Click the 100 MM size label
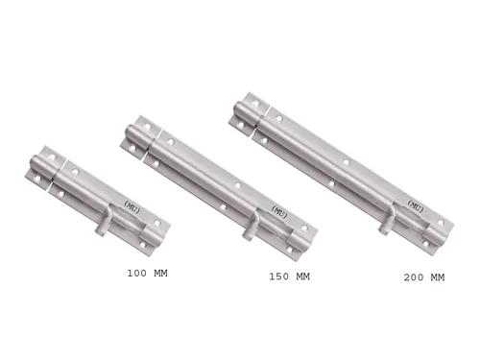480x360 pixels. [154, 274]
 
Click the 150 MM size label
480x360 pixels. [289, 277]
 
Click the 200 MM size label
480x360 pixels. [424, 278]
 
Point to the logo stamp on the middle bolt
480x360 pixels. [278, 210]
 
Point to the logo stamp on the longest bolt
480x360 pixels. [416, 204]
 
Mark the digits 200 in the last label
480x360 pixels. [412, 278]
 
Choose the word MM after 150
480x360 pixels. [301, 277]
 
